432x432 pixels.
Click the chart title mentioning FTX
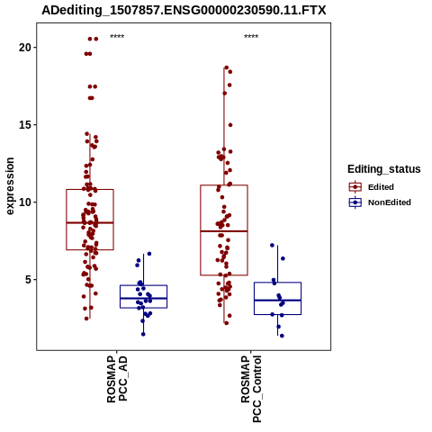[184, 10]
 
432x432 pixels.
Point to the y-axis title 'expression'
[10, 186]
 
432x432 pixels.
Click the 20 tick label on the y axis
[25, 47]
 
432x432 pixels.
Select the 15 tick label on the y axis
[25, 124]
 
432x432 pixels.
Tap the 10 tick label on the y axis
[25, 202]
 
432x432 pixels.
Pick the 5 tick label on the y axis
[28, 279]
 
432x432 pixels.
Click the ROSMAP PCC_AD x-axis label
[117, 379]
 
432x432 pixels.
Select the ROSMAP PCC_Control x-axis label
[251, 389]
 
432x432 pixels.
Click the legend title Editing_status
[384, 169]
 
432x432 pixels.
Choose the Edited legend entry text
[381, 187]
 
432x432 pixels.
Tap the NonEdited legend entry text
[390, 202]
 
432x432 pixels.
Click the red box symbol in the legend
[355, 187]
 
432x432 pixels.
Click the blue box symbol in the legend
[355, 202]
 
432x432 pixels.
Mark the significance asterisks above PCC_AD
[117, 37]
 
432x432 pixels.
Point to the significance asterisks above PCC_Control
[251, 37]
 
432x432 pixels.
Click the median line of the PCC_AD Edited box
[90, 222]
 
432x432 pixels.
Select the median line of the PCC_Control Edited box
[224, 231]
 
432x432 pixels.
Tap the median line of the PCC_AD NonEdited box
[143, 298]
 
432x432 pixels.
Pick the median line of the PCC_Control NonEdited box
[277, 300]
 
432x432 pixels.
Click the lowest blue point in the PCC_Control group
[282, 336]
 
